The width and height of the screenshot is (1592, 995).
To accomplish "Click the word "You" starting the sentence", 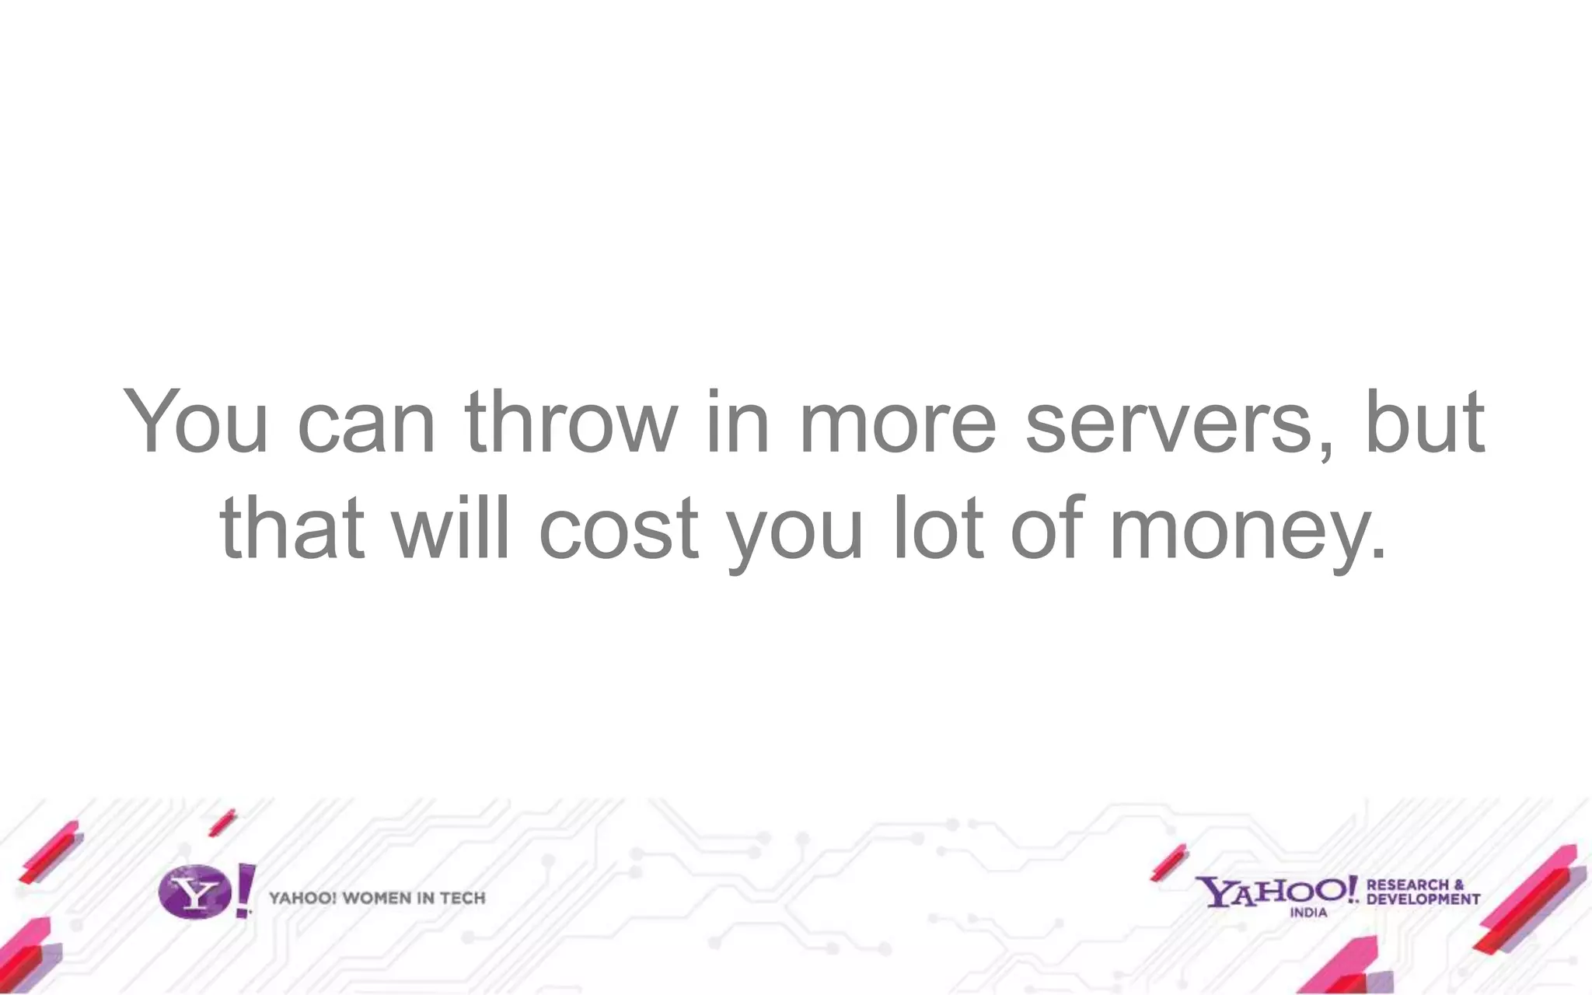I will point(196,421).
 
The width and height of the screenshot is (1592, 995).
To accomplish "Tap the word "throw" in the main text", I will point(571,421).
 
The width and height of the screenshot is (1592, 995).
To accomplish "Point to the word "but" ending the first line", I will point(1425,421).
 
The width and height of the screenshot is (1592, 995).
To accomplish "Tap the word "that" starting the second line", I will point(292,528).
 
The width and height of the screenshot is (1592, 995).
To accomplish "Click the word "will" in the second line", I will point(452,528).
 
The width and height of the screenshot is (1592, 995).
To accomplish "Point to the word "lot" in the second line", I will point(939,528).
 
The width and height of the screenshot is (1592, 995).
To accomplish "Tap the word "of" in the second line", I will point(1046,528).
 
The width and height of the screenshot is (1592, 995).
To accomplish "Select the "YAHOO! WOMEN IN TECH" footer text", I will point(377,899).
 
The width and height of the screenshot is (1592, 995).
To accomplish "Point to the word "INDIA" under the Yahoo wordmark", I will point(1308,913).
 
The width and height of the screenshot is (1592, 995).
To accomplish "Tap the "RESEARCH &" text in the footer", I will point(1415,885).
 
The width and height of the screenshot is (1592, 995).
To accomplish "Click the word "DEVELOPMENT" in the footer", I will point(1423,899).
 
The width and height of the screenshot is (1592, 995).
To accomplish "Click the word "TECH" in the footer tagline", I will point(463,899).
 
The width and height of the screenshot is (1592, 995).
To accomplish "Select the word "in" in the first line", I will point(737,421).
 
